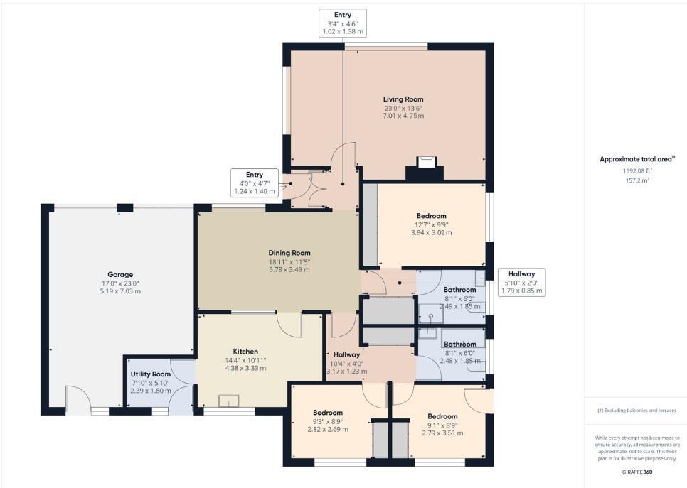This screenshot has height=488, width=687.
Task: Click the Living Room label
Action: (x=403, y=99)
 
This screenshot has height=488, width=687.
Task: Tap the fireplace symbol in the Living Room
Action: (x=425, y=163)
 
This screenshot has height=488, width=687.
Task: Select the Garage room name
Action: (x=120, y=274)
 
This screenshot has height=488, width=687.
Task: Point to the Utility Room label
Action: (x=150, y=374)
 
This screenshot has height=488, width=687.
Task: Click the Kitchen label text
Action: (x=245, y=351)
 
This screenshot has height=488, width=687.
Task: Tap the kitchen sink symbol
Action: (x=228, y=401)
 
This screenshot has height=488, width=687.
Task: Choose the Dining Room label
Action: (x=289, y=252)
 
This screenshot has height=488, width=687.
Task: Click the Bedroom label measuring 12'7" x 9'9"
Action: (x=431, y=215)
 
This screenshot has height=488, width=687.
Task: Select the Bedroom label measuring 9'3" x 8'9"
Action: (x=327, y=412)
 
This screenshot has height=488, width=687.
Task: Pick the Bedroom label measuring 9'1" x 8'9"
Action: (x=442, y=416)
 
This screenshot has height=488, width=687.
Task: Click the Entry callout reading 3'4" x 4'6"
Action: (x=343, y=23)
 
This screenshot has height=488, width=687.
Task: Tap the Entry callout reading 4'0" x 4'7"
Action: (x=255, y=183)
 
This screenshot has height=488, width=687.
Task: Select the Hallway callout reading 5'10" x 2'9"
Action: (x=521, y=282)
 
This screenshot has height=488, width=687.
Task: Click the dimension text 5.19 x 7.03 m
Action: (x=120, y=291)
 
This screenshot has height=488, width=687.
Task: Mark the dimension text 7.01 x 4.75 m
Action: (x=403, y=116)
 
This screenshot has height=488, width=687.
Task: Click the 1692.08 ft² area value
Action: (x=635, y=170)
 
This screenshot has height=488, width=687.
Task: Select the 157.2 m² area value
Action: (x=635, y=180)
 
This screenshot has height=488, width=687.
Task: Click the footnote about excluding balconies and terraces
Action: (x=635, y=411)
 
